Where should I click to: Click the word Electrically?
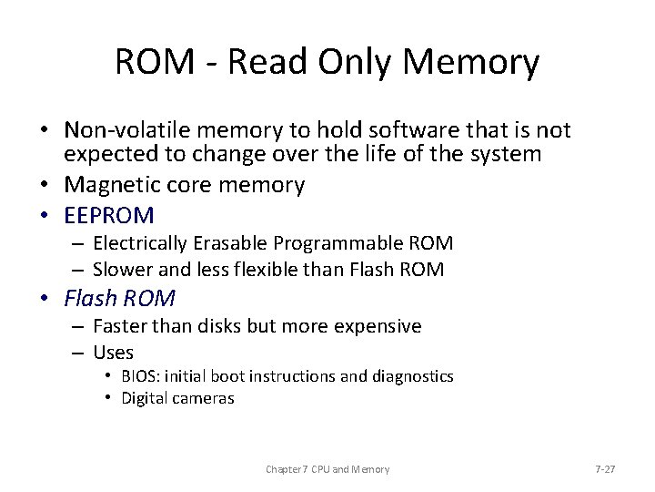click(x=138, y=243)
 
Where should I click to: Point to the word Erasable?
click(x=227, y=243)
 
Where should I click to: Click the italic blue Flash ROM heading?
click(x=119, y=298)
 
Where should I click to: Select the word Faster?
click(x=123, y=326)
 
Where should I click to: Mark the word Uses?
click(x=113, y=352)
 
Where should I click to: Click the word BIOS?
click(x=138, y=376)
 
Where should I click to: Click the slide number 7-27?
click(x=604, y=469)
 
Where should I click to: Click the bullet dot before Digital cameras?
click(x=108, y=397)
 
